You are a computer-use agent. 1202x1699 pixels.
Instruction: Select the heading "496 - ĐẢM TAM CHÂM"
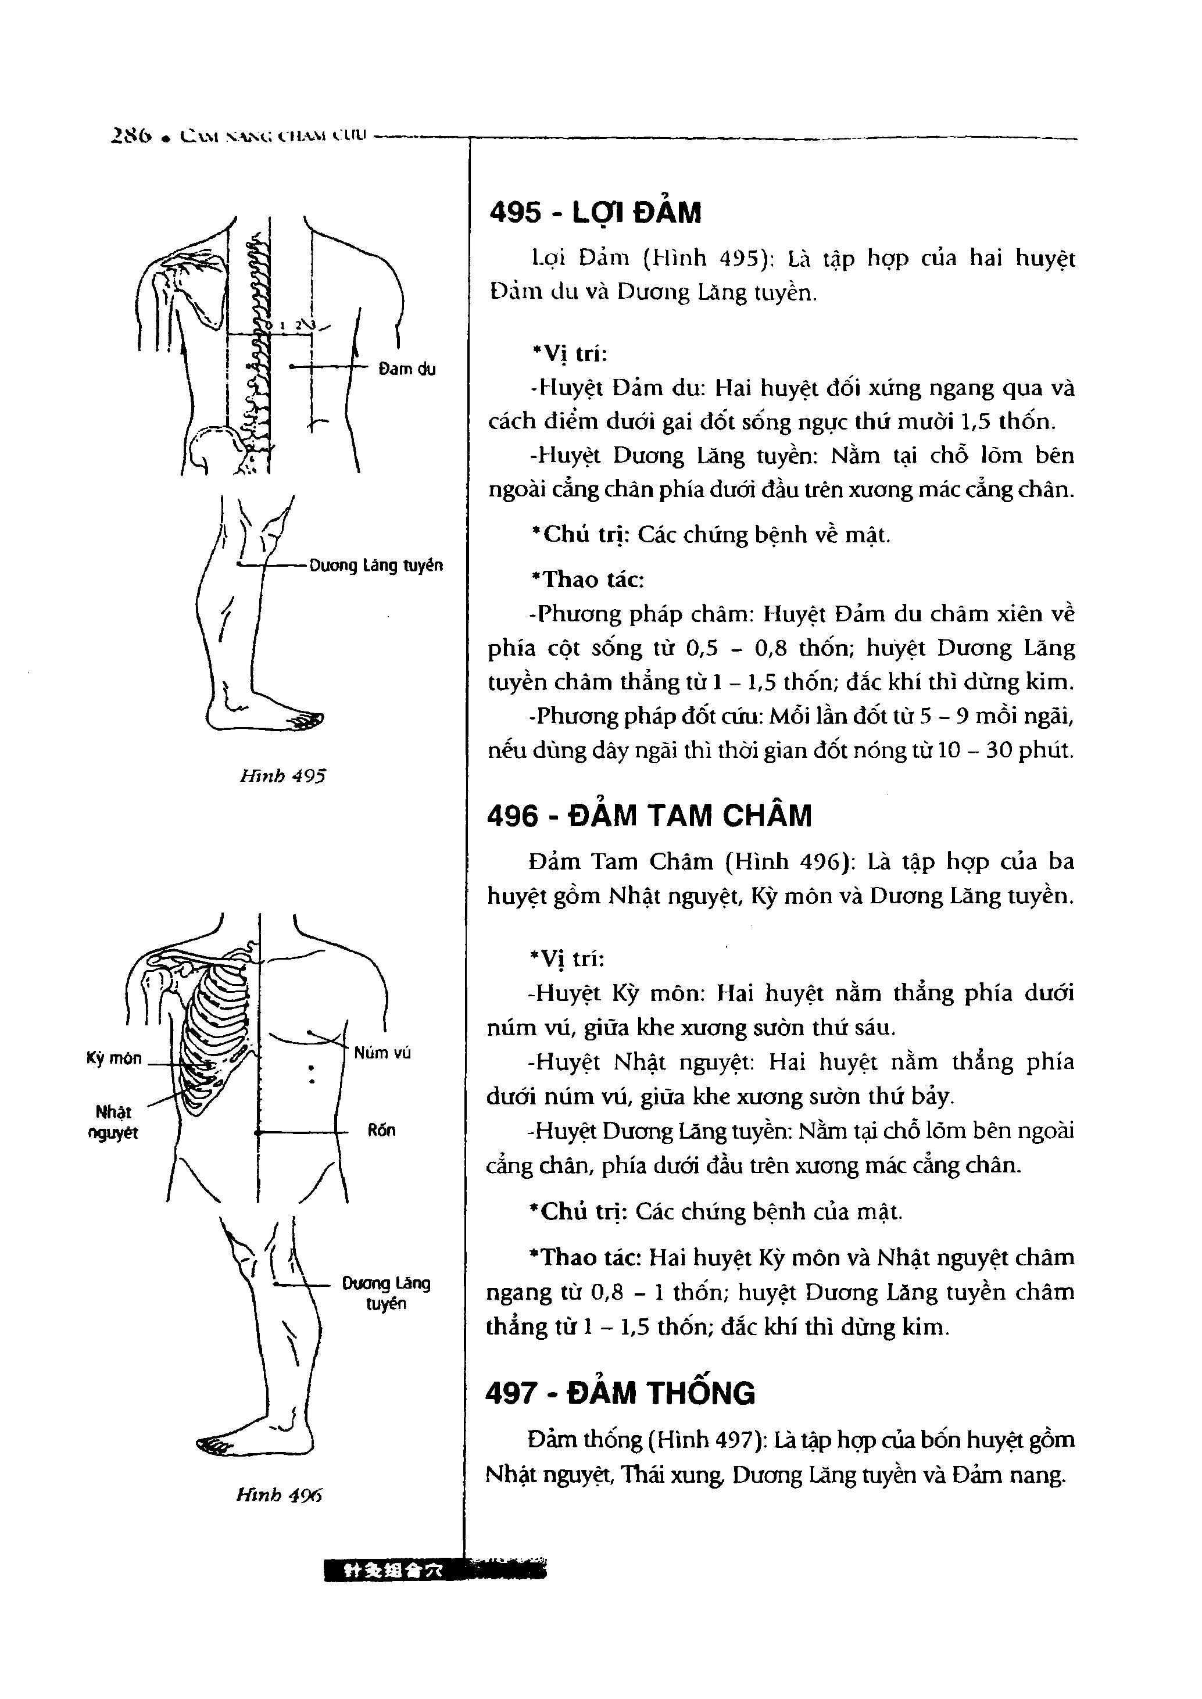649,815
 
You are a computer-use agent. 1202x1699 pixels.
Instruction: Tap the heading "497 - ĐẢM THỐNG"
620,1393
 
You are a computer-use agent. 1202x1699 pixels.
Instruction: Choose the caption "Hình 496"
279,1496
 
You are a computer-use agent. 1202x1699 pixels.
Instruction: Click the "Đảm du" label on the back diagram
406,369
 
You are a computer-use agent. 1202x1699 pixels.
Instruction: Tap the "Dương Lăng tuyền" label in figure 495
376,566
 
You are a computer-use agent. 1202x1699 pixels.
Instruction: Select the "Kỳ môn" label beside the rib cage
114,1058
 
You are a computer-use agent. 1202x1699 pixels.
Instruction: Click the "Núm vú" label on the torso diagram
382,1052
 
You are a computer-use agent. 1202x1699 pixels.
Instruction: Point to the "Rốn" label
381,1130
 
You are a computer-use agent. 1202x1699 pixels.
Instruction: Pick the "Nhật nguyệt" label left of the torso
113,1122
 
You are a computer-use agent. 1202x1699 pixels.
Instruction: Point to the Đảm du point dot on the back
292,367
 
